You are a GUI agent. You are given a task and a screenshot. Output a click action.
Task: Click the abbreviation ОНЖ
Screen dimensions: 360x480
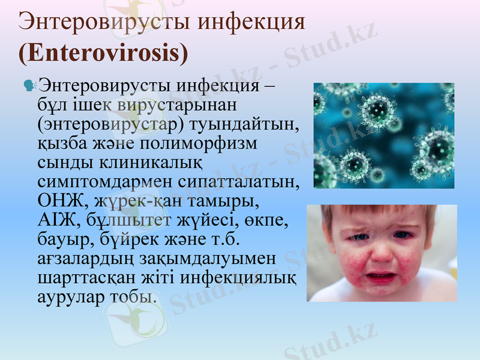[x=58, y=199]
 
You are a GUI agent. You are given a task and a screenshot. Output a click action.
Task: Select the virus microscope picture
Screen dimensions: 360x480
[x=384, y=135]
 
